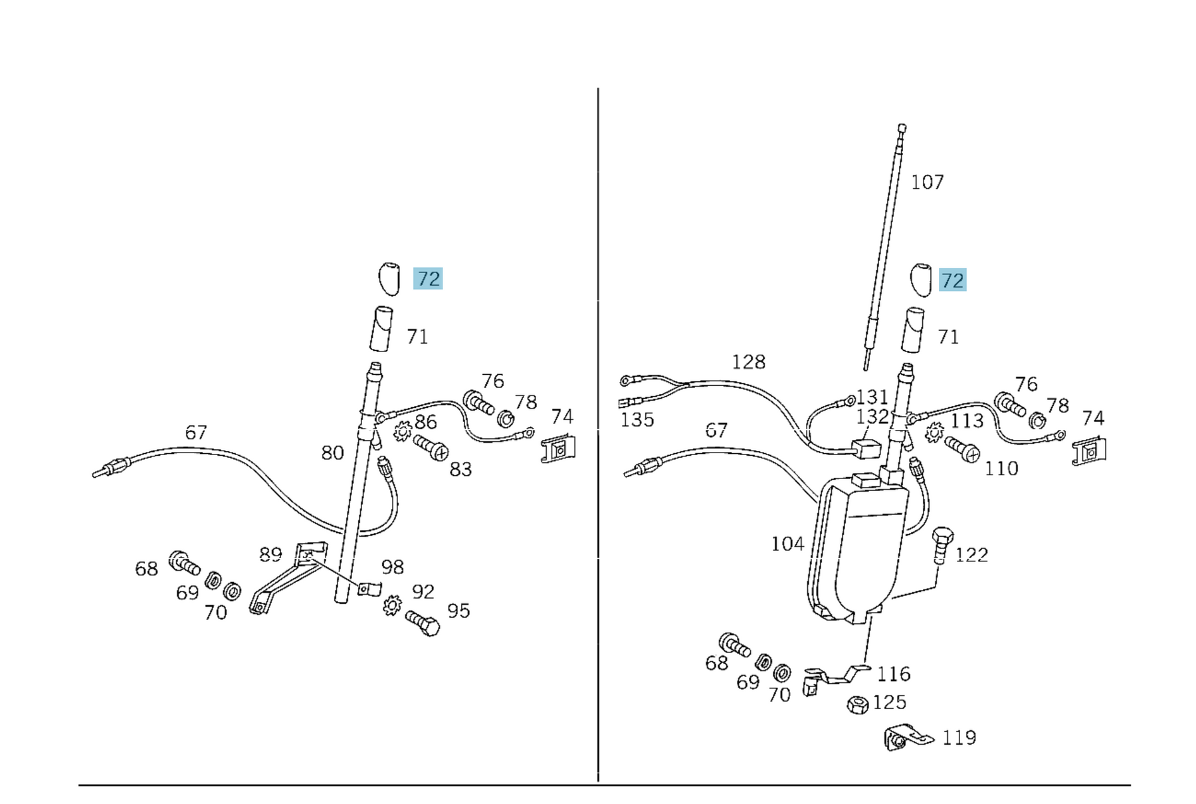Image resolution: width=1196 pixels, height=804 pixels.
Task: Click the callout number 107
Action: click(x=927, y=182)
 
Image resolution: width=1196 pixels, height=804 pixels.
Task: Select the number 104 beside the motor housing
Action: click(x=787, y=544)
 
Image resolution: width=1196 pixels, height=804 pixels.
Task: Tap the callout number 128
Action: click(x=748, y=362)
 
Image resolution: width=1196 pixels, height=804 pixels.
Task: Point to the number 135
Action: click(x=637, y=420)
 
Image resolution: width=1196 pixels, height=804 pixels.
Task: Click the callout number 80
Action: click(x=332, y=453)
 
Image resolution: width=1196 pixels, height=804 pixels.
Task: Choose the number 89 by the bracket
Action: click(x=270, y=554)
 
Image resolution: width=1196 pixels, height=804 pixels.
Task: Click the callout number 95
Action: click(x=458, y=611)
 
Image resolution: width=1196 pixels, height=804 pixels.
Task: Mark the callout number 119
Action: click(x=959, y=738)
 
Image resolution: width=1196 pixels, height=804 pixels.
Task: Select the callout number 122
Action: click(x=971, y=555)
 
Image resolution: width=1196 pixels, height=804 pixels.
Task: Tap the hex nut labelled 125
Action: click(x=858, y=704)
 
